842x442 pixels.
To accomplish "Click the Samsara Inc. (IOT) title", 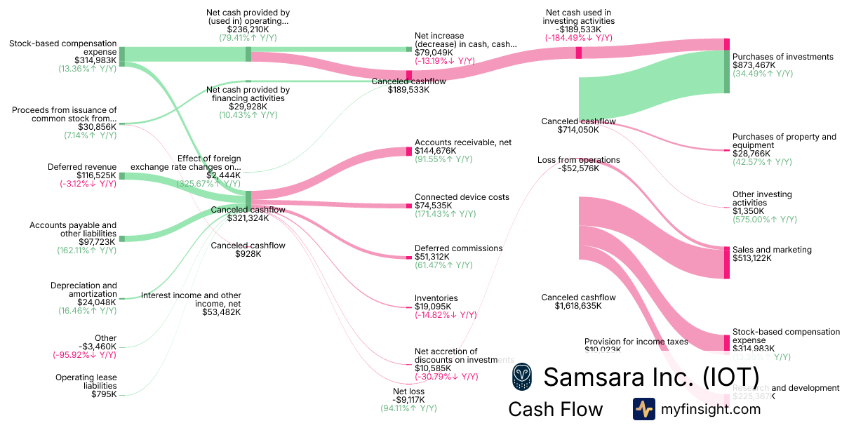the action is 651,377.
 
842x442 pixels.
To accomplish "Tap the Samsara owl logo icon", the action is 522,377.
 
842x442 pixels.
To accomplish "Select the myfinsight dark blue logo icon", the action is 643,409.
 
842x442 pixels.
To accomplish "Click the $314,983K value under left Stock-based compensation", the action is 86,60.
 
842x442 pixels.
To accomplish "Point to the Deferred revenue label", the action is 82,167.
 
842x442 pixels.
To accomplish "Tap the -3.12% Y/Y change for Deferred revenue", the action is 86,184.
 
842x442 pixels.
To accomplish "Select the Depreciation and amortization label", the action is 83,290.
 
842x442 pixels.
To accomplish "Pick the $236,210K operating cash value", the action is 248,29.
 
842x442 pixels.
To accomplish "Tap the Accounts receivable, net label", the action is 463,142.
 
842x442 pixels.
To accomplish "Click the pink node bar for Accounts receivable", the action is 409,152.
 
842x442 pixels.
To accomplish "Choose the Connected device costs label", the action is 462,197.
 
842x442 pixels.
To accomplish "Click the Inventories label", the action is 436,298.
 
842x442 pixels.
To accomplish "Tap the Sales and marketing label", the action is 772,250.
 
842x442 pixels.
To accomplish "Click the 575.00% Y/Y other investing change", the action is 765,220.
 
